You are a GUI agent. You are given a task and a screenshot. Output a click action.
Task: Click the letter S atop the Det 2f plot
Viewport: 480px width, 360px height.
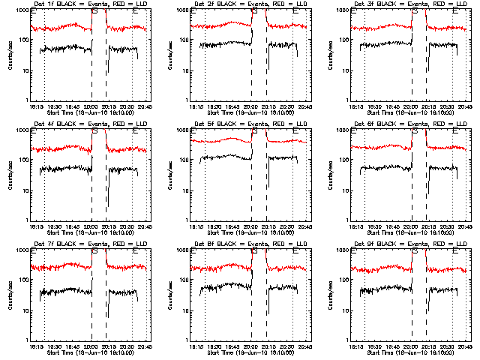[254, 12]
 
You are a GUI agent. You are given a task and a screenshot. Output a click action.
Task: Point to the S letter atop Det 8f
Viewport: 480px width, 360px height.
[254, 252]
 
